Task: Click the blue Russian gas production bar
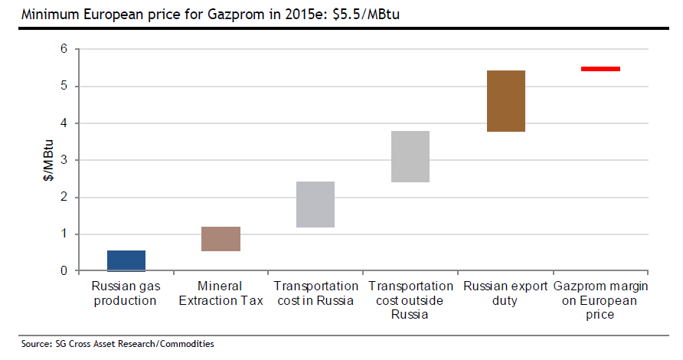126,260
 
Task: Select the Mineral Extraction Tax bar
221,239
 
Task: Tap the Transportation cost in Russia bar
315,205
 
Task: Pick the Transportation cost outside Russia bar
410,156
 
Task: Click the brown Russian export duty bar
505,101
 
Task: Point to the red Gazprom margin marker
600,69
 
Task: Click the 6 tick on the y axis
64,49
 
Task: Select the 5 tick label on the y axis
64,86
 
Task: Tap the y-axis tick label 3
64,160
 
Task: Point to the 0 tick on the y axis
64,271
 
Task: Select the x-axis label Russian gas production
126,293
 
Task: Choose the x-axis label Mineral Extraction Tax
221,293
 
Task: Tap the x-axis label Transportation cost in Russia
315,293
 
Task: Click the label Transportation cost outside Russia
410,300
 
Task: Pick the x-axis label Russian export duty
505,293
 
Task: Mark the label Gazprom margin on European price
600,300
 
